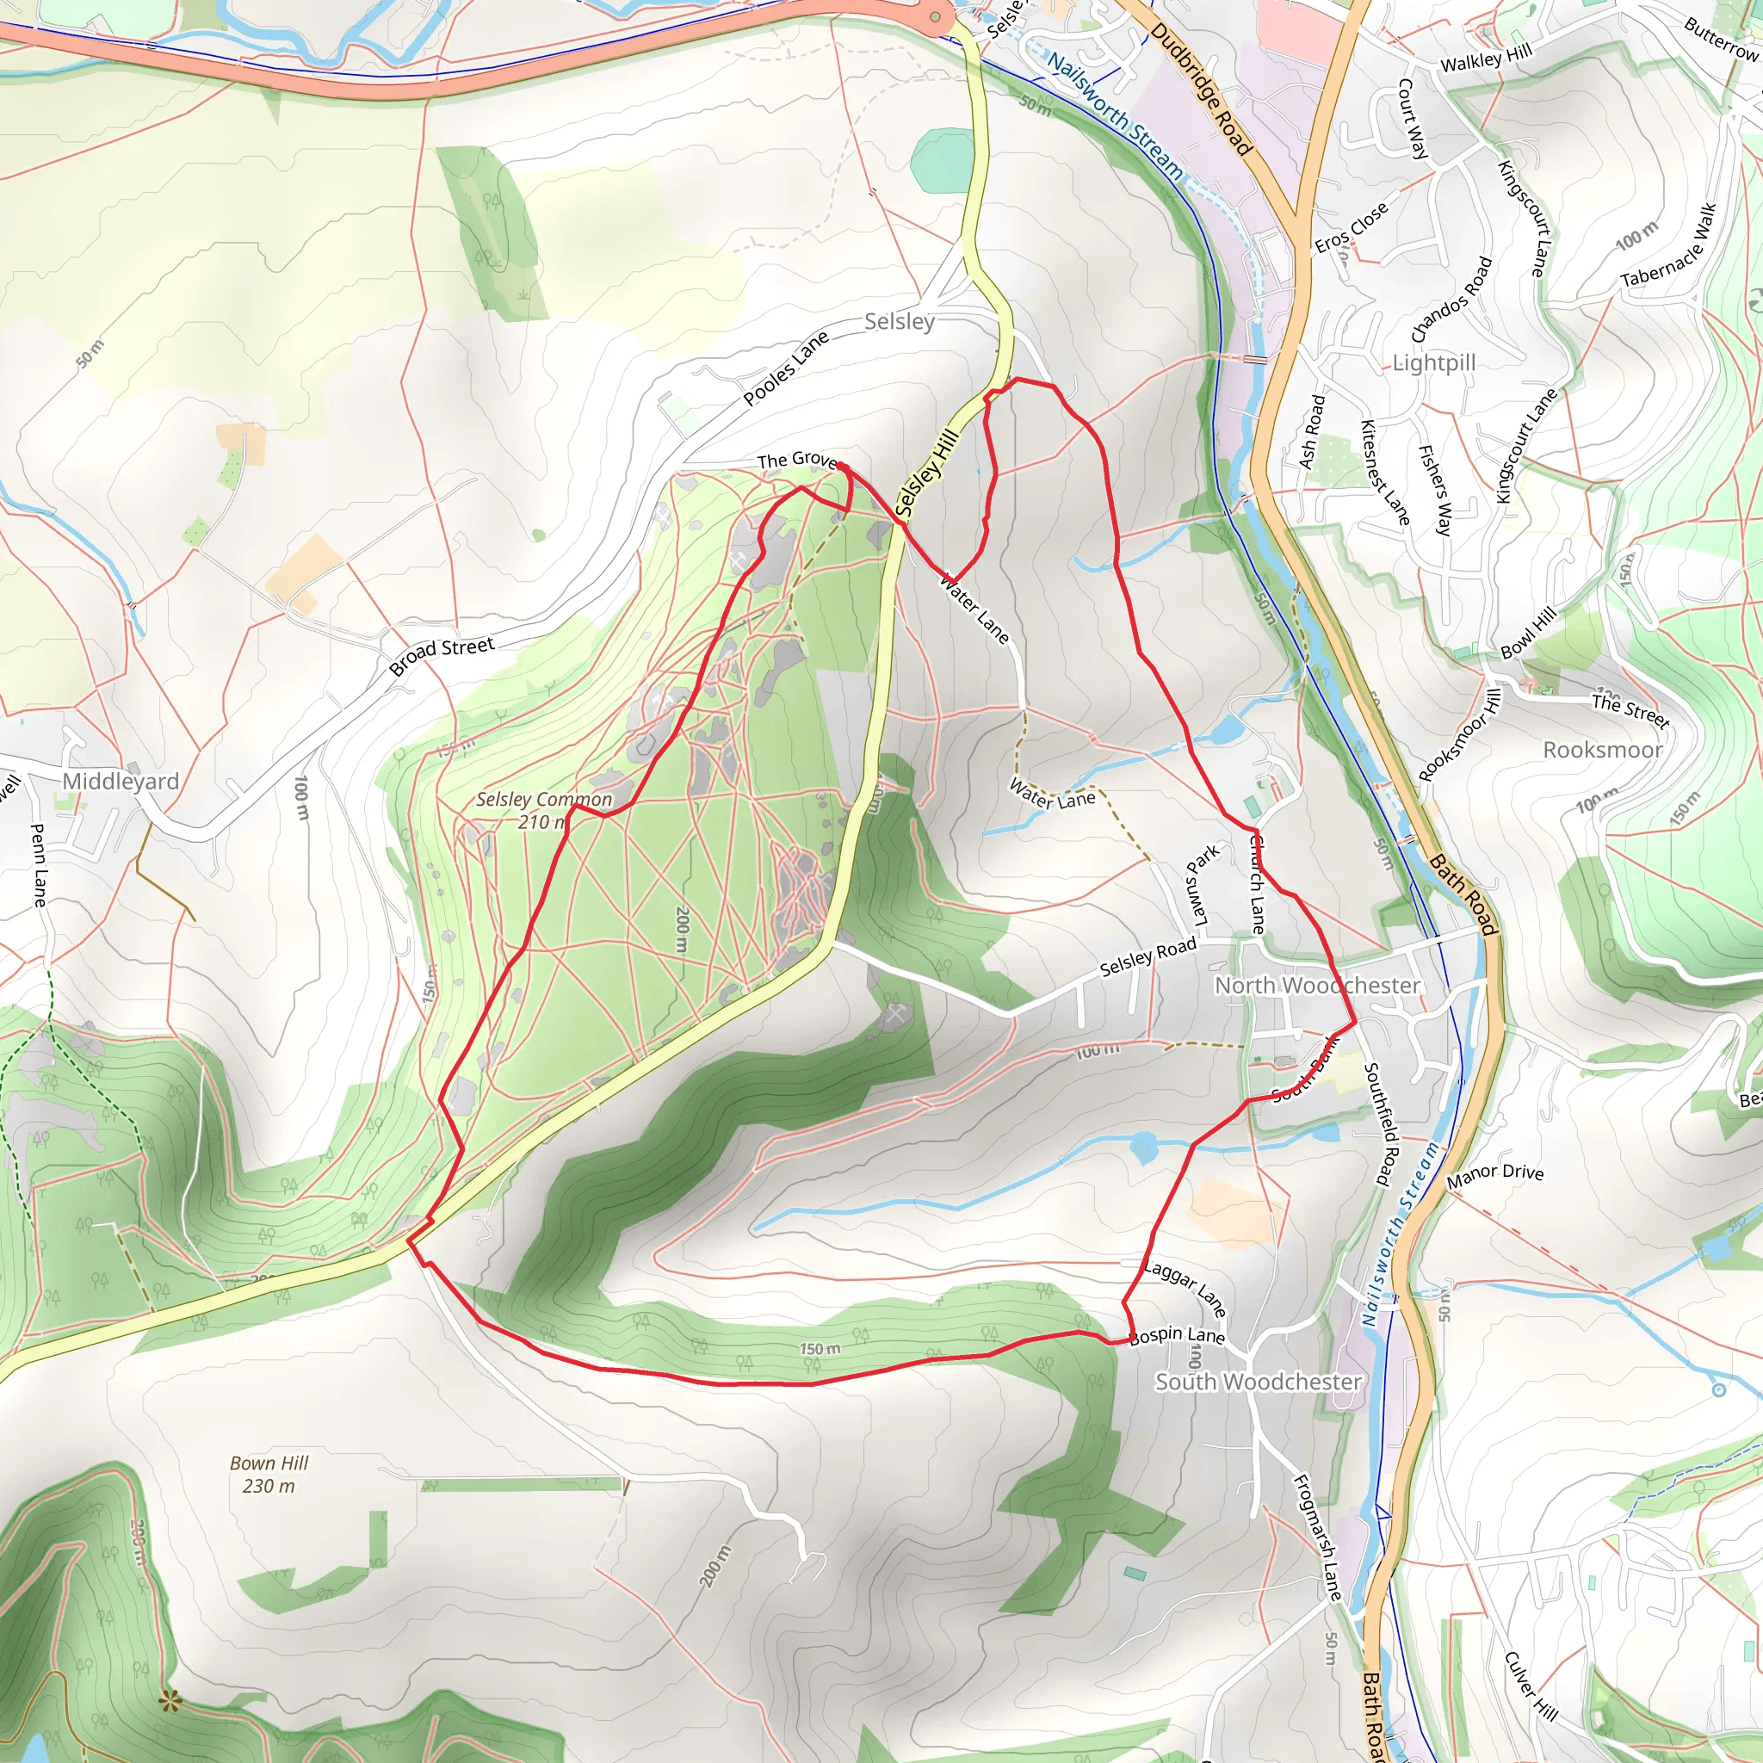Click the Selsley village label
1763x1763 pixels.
tap(899, 321)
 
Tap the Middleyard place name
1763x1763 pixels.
tap(121, 781)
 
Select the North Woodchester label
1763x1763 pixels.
tap(1317, 986)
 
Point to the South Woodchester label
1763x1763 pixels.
tap(1259, 1382)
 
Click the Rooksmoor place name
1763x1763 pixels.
tap(1602, 750)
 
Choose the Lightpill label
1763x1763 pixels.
tap(1433, 363)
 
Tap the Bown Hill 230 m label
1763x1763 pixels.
tap(269, 1474)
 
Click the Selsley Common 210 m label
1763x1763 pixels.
tap(544, 810)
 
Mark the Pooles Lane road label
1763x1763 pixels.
tap(786, 368)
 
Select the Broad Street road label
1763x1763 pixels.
tap(442, 655)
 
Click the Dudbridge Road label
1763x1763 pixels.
tap(1200, 89)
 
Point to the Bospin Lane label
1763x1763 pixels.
tap(1177, 1335)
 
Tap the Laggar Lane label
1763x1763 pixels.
tap(1185, 1288)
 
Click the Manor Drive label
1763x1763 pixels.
tap(1494, 1175)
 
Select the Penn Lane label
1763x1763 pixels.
tap(39, 865)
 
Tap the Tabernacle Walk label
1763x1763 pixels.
tap(1669, 244)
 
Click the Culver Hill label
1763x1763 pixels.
tap(1531, 1686)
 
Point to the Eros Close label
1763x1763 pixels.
tap(1352, 227)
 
